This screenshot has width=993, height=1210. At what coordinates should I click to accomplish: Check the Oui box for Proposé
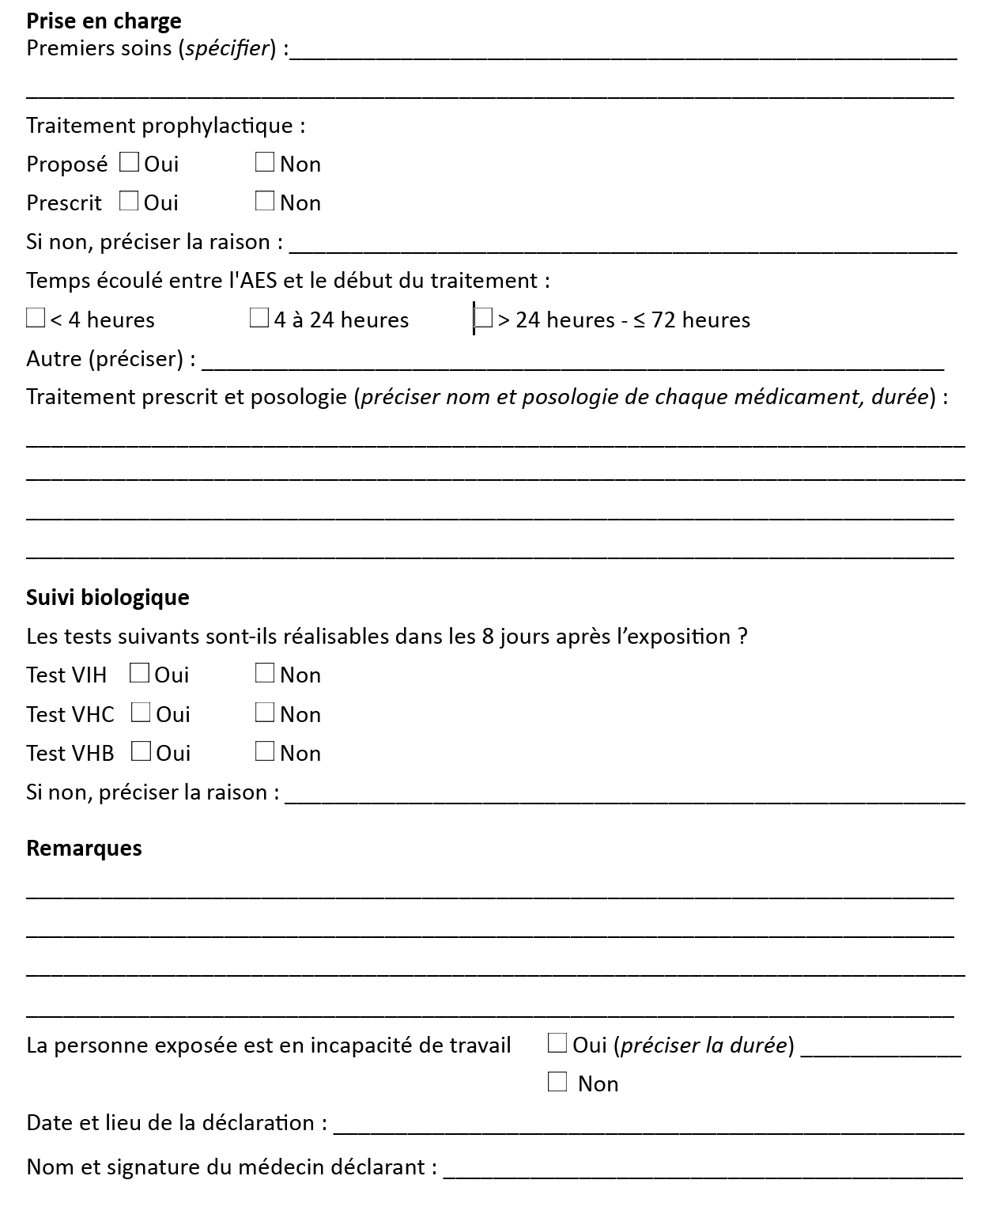pyautogui.click(x=129, y=163)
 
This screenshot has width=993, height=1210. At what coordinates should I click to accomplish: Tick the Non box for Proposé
pyautogui.click(x=265, y=163)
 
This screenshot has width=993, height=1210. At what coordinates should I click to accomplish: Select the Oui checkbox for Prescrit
pyautogui.click(x=129, y=202)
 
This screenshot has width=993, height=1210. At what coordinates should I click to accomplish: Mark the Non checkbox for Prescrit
pyautogui.click(x=265, y=202)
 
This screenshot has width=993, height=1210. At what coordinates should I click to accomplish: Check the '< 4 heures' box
pyautogui.click(x=36, y=319)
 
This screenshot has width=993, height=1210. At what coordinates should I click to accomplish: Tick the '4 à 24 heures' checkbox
pyautogui.click(x=259, y=319)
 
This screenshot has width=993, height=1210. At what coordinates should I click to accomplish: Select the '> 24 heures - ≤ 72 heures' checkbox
pyautogui.click(x=483, y=319)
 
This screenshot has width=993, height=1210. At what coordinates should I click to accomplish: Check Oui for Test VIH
pyautogui.click(x=139, y=674)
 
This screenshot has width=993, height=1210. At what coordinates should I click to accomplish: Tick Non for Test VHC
pyautogui.click(x=265, y=713)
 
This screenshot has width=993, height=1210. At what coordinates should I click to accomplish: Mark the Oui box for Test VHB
pyautogui.click(x=141, y=751)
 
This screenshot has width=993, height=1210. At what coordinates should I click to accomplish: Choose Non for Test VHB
pyautogui.click(x=265, y=751)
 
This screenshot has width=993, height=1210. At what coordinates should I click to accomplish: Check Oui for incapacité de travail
pyautogui.click(x=557, y=1044)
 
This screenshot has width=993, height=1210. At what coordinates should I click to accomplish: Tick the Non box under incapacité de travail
pyautogui.click(x=557, y=1083)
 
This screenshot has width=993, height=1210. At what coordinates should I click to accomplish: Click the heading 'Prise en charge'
pyautogui.click(x=104, y=21)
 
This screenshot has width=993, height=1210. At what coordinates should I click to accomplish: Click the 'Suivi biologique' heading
pyautogui.click(x=108, y=597)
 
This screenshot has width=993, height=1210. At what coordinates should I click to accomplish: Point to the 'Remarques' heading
pyautogui.click(x=84, y=848)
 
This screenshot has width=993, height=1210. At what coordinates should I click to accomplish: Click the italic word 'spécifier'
pyautogui.click(x=228, y=48)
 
